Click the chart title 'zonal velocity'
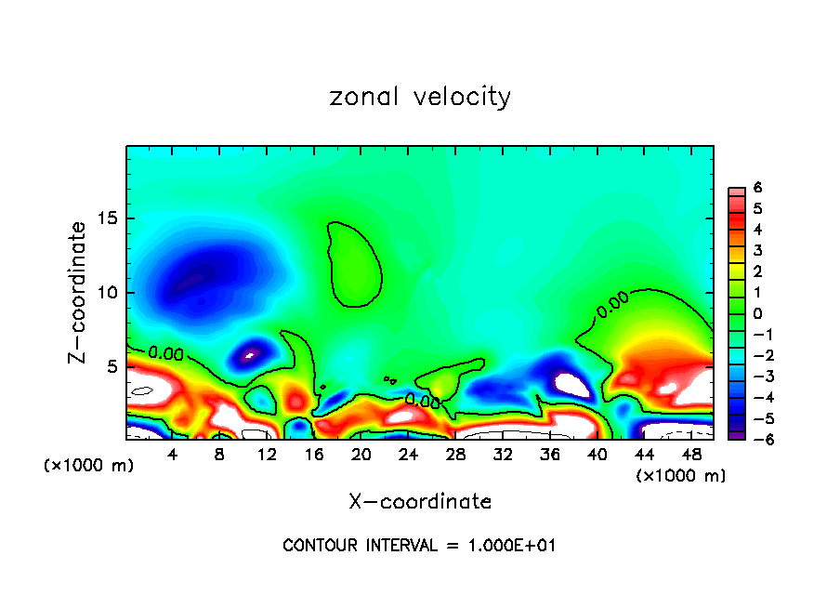click(420, 97)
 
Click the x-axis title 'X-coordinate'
click(420, 502)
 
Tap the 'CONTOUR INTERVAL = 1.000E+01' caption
click(419, 546)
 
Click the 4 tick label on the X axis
click(173, 456)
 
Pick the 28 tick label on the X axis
click(455, 456)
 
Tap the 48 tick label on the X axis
click(691, 456)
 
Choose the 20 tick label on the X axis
click(361, 456)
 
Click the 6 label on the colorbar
click(758, 188)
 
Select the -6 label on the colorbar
click(755, 440)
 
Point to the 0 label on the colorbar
click(758, 313)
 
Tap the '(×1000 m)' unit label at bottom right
click(681, 476)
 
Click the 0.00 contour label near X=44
click(612, 305)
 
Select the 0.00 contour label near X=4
click(165, 354)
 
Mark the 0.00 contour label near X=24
click(422, 401)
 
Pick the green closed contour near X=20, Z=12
click(355, 265)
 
